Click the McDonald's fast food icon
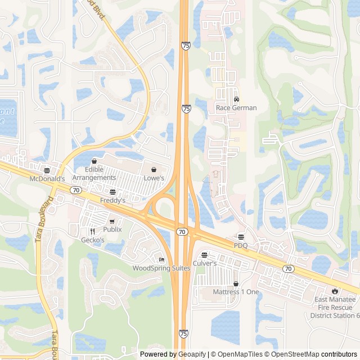(47, 170)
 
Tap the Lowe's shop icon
(154, 169)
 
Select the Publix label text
(112, 229)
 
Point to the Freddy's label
(112, 200)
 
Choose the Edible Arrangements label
(94, 174)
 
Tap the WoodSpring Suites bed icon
(162, 259)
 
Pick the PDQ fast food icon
(241, 237)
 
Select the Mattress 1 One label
(236, 292)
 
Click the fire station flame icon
(335, 291)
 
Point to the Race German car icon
(236, 100)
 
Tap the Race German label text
(236, 108)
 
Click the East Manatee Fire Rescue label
(335, 307)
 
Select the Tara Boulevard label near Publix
(45, 219)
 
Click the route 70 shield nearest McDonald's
(76, 190)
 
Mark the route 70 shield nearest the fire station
(288, 269)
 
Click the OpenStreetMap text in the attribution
(297, 354)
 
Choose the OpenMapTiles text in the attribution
(240, 354)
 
